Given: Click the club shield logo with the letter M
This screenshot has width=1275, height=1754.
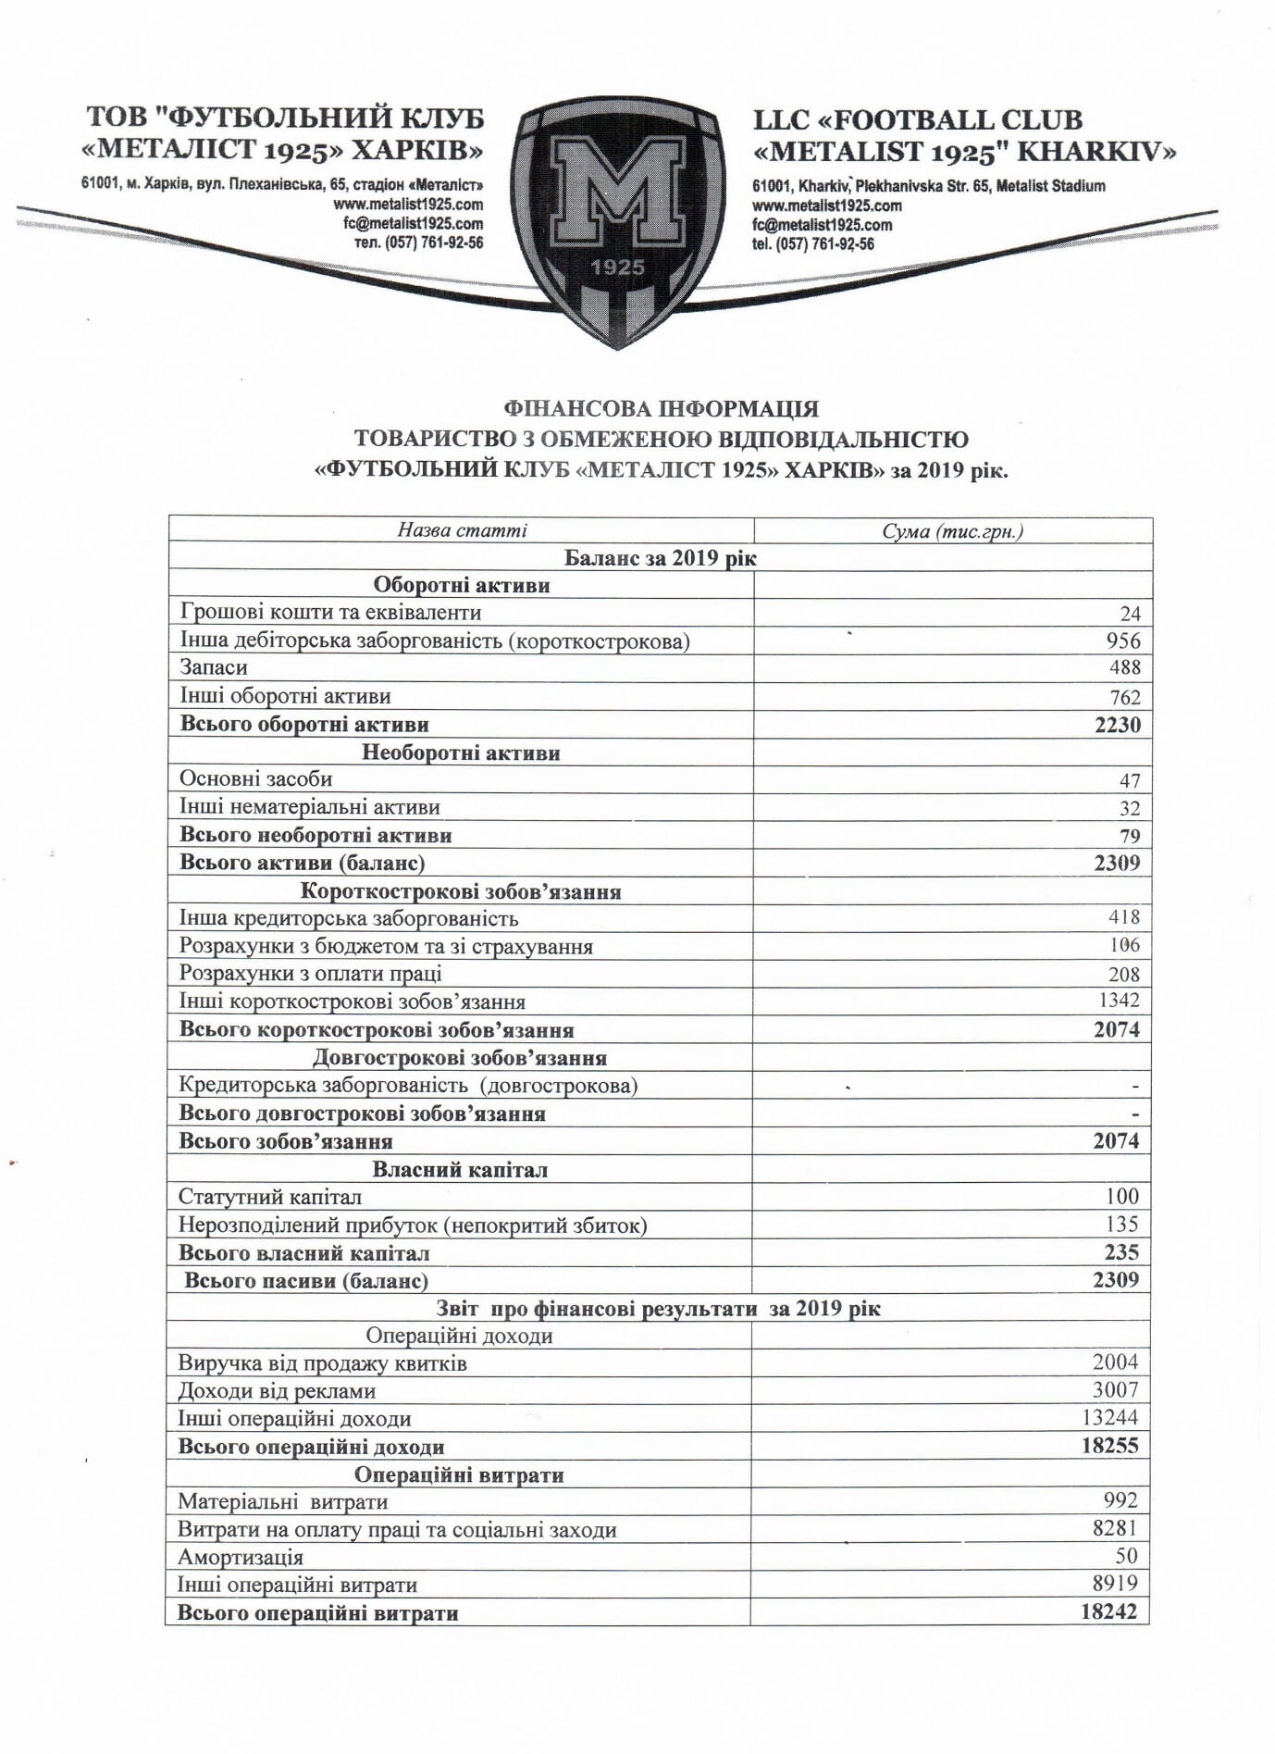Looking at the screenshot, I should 617,218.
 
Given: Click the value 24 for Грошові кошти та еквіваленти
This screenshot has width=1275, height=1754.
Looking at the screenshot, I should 1130,614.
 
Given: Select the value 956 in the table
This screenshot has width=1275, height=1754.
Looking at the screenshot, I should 1123,641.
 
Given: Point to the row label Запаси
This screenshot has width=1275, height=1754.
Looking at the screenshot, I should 214,667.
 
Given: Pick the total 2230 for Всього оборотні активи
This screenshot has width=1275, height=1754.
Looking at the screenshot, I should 1118,725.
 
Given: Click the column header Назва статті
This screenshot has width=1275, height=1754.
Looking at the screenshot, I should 462,530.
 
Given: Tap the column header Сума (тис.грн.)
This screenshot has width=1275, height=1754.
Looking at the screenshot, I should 952,531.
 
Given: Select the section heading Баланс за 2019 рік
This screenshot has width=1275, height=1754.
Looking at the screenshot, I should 660,558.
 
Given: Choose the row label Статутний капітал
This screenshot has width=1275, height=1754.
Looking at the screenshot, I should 270,1197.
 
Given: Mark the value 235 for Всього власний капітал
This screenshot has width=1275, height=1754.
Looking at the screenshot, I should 1121,1252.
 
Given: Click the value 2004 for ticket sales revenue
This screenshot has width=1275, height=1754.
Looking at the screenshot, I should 1115,1362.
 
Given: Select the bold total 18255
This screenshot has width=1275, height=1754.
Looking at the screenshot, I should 1109,1446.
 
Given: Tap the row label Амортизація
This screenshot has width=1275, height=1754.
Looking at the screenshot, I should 241,1557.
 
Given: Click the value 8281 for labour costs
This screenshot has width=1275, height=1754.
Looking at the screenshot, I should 1115,1528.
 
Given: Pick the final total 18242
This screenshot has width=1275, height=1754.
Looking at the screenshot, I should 1108,1611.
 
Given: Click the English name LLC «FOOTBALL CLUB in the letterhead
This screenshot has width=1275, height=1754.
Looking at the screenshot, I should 917,120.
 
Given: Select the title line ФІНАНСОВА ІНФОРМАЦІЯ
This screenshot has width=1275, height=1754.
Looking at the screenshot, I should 661,408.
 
